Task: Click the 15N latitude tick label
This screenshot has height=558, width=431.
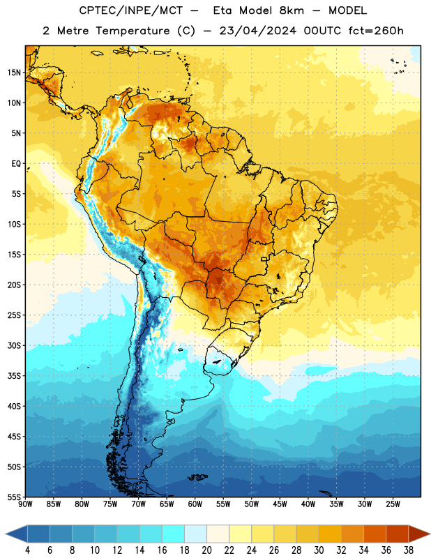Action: point(14,73)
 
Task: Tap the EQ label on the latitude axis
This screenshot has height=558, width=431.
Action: point(16,164)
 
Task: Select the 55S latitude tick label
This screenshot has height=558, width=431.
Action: point(14,497)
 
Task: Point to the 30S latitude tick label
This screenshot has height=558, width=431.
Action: point(14,345)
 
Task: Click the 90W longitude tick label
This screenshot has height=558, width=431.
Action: point(25,504)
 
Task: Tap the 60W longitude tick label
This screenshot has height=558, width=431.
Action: point(195,504)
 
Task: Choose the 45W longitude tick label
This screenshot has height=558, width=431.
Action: point(280,504)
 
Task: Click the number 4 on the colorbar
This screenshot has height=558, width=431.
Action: point(27,550)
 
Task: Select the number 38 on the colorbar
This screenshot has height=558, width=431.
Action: point(409,550)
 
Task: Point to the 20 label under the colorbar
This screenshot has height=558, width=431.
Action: point(206,550)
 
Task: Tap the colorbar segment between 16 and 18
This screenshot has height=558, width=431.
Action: point(173,534)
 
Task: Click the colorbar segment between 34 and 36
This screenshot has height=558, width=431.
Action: point(375,534)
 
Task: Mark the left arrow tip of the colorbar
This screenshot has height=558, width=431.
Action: point(6,534)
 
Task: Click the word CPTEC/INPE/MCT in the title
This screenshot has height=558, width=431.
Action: point(131,10)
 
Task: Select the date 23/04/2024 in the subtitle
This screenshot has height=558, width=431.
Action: point(257,31)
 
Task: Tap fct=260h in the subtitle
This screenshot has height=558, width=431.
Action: point(376,31)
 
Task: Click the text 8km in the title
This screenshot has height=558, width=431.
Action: point(292,10)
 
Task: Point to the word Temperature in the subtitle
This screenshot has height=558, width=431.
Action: point(133,31)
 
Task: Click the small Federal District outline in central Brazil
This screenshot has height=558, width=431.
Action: point(264,259)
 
